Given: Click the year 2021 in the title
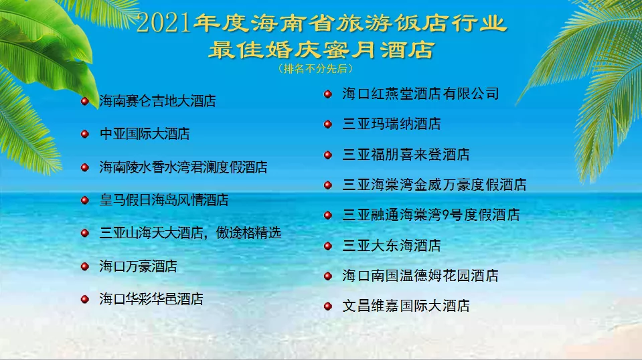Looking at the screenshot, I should [x=163, y=23].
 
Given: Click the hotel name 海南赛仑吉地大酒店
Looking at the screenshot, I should [x=157, y=102].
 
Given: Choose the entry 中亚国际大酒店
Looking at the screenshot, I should [x=145, y=134].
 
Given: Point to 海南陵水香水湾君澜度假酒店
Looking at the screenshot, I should [x=183, y=167].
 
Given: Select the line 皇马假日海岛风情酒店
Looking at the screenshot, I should [x=164, y=200].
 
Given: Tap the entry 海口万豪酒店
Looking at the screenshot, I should [x=138, y=266].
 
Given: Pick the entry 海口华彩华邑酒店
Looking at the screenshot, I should [x=151, y=299].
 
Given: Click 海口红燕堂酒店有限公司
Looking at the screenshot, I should [x=420, y=94].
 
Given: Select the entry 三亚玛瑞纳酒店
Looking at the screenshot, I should [x=392, y=124].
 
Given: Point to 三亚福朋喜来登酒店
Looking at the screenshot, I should [x=406, y=155].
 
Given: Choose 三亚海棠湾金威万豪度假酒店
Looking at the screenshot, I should [x=434, y=185].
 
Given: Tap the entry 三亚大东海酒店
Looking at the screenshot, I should [x=392, y=246].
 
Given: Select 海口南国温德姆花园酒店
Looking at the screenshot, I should [x=420, y=276].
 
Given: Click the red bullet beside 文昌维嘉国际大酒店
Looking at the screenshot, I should [x=327, y=306].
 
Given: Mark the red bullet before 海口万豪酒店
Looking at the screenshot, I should [x=85, y=266].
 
